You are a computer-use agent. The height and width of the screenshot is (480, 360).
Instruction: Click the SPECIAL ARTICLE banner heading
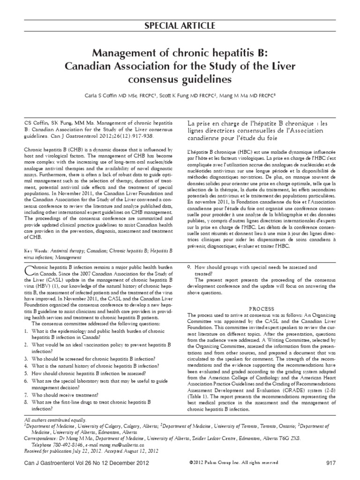tap(180, 25)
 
